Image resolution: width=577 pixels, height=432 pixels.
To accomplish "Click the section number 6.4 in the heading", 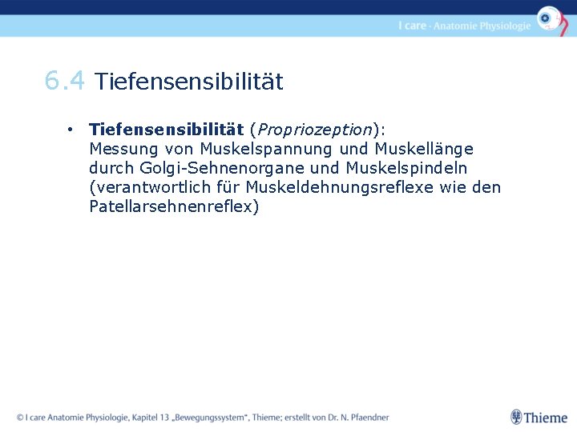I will (x=64, y=81).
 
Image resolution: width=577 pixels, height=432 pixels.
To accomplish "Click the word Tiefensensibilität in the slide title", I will (x=189, y=82).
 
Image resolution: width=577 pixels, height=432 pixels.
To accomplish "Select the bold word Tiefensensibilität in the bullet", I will (x=167, y=129).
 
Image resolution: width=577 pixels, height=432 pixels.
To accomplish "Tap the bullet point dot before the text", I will (x=71, y=129).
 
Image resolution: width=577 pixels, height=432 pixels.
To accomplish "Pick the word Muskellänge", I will (x=424, y=149).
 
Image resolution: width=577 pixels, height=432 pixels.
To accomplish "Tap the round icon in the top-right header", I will (x=549, y=18).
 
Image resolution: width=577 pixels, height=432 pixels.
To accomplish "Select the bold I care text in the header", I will (x=412, y=26).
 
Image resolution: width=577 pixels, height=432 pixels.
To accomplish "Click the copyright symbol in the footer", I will (x=20, y=417).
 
